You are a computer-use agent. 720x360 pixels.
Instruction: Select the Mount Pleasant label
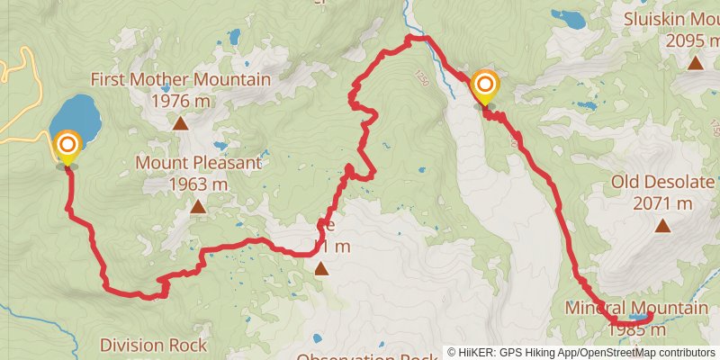(198, 163)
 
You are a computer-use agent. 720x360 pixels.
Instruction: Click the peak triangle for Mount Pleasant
(198, 207)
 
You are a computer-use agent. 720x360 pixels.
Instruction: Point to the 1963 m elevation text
(198, 184)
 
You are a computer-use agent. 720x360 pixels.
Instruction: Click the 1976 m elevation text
(181, 101)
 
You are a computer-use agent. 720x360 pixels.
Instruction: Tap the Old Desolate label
(661, 183)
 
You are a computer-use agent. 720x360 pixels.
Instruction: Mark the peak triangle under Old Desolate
(662, 226)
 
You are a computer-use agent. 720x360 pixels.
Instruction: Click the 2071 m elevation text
(662, 203)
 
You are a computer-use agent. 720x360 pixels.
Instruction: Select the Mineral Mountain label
(636, 309)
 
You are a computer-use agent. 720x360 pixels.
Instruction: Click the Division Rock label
(153, 345)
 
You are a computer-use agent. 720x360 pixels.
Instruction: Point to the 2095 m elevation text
(692, 40)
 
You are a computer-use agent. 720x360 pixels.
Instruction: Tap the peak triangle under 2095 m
(695, 63)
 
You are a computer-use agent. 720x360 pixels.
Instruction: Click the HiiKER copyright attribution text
(580, 353)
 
